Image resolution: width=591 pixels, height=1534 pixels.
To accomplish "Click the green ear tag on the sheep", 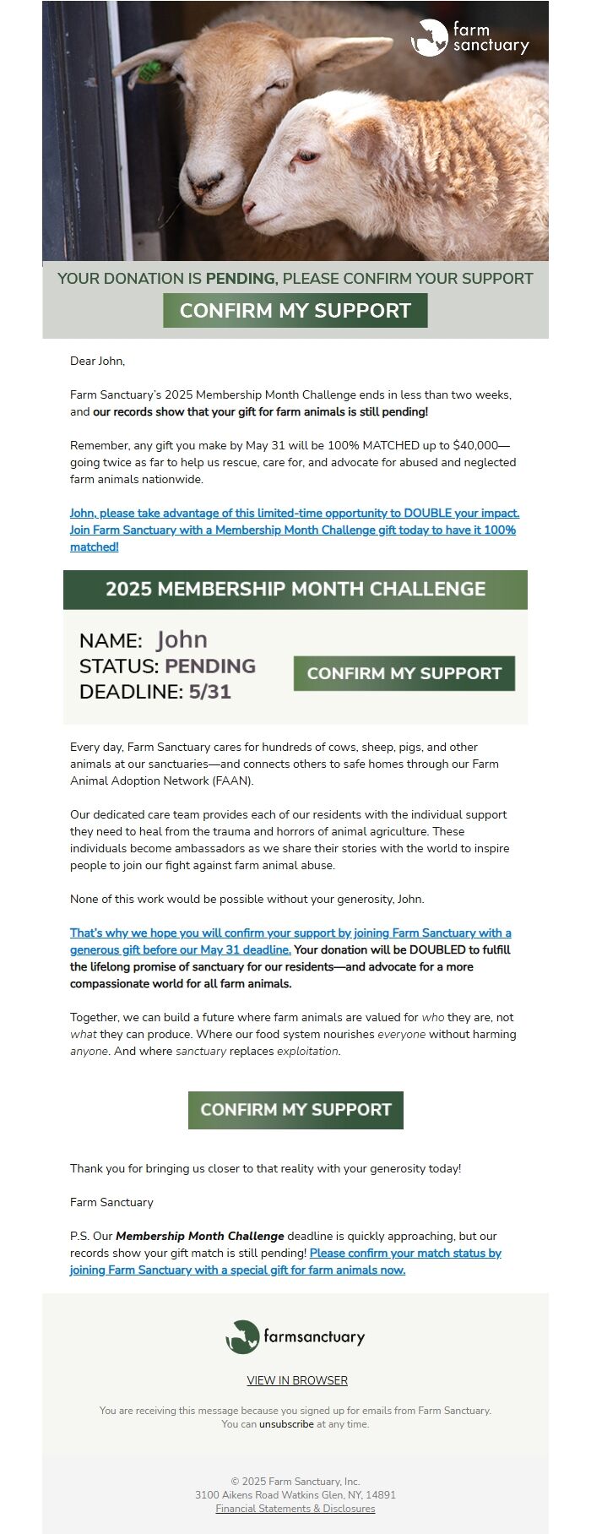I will click(x=150, y=70).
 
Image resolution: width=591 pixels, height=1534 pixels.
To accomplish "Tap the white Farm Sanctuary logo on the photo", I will click(x=469, y=38).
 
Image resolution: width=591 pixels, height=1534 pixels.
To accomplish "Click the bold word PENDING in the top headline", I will click(x=241, y=279).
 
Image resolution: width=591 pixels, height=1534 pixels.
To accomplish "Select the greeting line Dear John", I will click(x=97, y=362).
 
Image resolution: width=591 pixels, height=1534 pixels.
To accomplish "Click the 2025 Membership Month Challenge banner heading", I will click(x=295, y=590).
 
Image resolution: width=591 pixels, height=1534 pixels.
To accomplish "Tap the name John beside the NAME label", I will click(x=182, y=640).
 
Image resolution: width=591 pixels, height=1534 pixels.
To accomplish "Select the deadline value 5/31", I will click(x=210, y=693).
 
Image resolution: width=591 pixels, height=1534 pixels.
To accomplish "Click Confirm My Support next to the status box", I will click(x=404, y=673).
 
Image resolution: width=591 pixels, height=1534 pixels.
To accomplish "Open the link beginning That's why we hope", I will click(x=290, y=933).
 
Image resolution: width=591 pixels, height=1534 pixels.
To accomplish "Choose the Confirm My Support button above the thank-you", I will click(x=295, y=1110).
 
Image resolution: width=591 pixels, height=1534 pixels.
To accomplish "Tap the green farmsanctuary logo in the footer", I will click(x=295, y=1336).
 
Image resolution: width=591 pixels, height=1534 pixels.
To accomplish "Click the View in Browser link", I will click(x=297, y=1380).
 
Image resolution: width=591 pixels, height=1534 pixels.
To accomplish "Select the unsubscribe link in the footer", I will click(x=286, y=1424).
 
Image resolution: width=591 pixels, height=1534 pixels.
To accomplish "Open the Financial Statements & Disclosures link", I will click(x=295, y=1509).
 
